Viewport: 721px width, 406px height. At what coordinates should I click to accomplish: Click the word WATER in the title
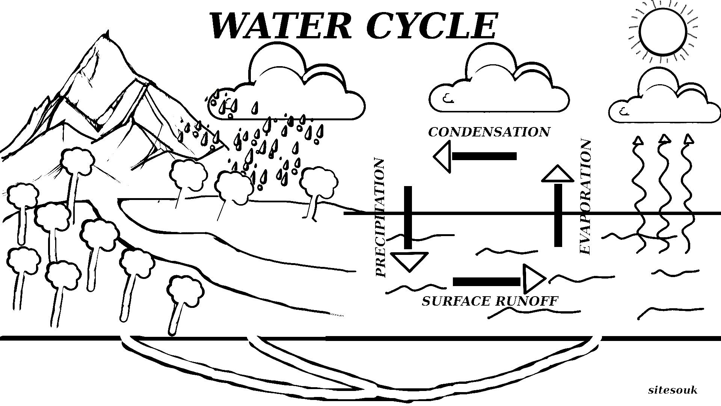[280, 26]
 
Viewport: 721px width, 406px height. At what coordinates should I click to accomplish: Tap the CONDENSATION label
[489, 132]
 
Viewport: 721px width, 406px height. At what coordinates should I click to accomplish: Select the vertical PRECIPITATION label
[380, 218]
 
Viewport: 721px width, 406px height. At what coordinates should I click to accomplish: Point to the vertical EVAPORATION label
[585, 197]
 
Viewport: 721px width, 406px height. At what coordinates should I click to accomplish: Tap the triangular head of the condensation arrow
[442, 156]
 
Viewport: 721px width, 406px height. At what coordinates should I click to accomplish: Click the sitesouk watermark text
[673, 390]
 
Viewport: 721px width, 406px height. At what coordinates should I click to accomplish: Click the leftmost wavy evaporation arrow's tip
[638, 141]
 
